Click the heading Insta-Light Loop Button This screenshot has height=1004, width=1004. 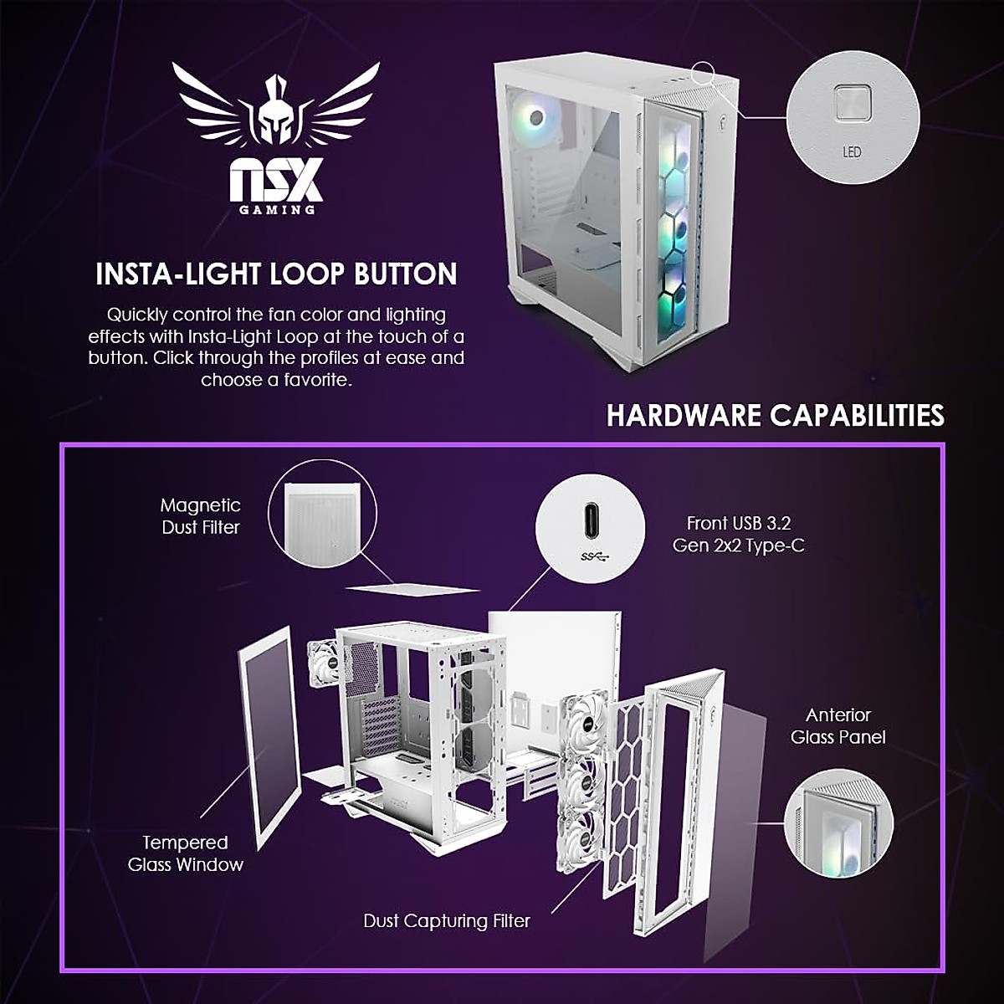pyautogui.click(x=276, y=274)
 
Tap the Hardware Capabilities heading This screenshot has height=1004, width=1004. pyautogui.click(x=775, y=415)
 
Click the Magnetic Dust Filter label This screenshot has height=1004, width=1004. pyautogui.click(x=201, y=516)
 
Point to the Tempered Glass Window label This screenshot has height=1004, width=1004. pyautogui.click(x=185, y=853)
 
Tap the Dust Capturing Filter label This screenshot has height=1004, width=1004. pyautogui.click(x=447, y=921)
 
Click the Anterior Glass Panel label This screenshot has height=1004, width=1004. pyautogui.click(x=838, y=726)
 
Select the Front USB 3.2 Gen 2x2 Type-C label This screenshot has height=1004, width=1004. pyautogui.click(x=739, y=534)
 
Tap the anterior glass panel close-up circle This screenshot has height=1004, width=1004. pyautogui.click(x=838, y=823)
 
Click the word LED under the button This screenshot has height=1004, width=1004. pyautogui.click(x=852, y=152)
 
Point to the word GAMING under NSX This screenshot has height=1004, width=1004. pyautogui.click(x=277, y=209)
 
